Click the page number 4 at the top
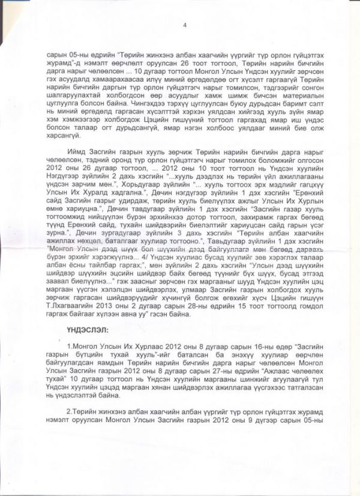[185, 25]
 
